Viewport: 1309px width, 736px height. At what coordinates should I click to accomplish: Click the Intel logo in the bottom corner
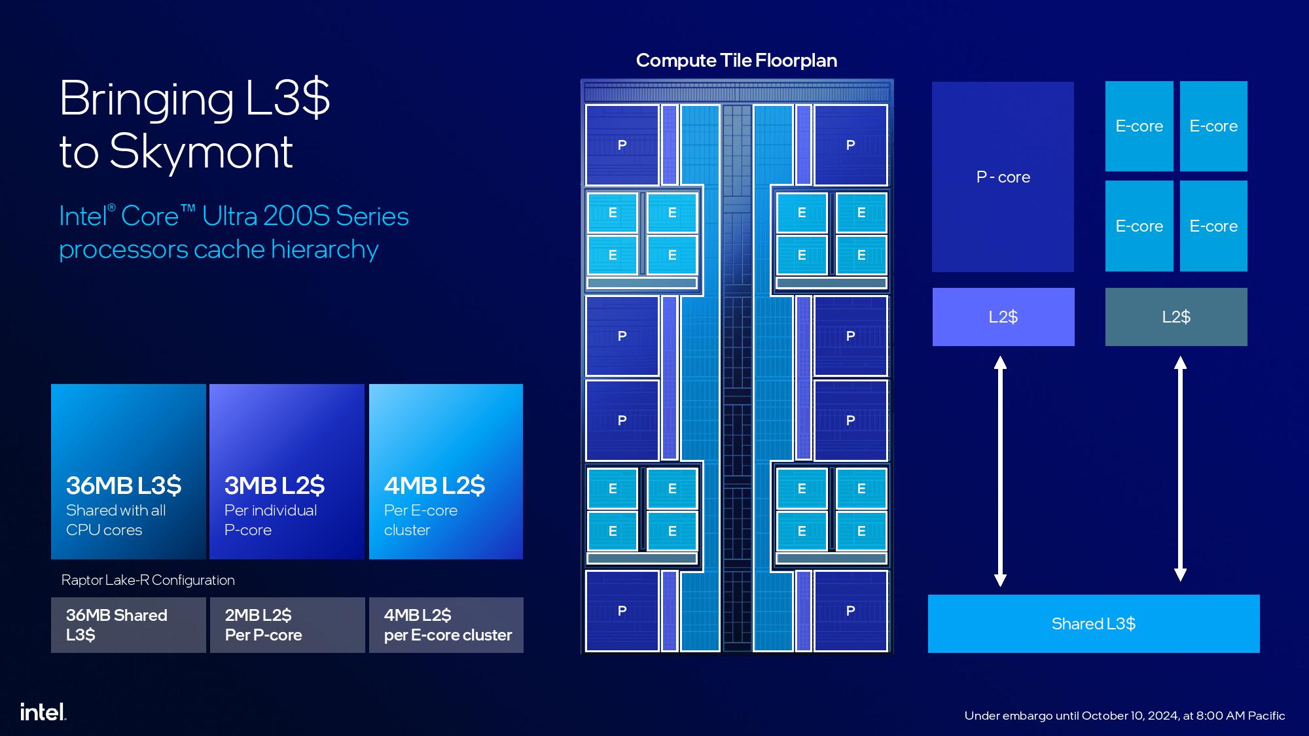click(43, 712)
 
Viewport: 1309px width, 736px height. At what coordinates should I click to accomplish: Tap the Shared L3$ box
click(1094, 623)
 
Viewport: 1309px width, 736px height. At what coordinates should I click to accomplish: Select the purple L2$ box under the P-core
click(1003, 317)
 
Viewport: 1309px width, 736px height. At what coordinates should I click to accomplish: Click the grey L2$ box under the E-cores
click(1176, 317)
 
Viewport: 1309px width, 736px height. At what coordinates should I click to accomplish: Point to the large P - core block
click(1003, 177)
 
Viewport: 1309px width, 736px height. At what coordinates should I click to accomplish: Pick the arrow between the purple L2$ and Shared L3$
click(1000, 471)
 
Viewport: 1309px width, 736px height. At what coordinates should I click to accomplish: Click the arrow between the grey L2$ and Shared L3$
click(1180, 469)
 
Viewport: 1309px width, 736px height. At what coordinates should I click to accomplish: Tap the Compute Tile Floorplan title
click(736, 61)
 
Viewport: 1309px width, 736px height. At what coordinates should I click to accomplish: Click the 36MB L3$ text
click(124, 485)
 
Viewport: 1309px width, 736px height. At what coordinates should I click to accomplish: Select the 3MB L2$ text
click(274, 485)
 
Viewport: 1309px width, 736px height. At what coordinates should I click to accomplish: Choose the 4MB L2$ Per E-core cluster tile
click(446, 472)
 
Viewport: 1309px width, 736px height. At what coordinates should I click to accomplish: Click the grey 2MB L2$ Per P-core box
click(287, 625)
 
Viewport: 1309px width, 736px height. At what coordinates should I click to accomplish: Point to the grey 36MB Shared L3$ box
click(128, 625)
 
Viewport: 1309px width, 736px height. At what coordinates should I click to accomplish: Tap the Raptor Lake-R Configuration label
click(148, 580)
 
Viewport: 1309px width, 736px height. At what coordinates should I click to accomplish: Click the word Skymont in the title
click(201, 152)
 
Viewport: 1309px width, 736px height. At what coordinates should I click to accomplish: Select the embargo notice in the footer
click(1124, 716)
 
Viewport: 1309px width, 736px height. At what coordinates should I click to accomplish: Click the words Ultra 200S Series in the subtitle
click(306, 216)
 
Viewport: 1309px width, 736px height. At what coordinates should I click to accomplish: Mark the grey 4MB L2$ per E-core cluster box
click(446, 625)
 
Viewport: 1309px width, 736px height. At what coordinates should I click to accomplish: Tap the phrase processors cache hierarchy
click(219, 250)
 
